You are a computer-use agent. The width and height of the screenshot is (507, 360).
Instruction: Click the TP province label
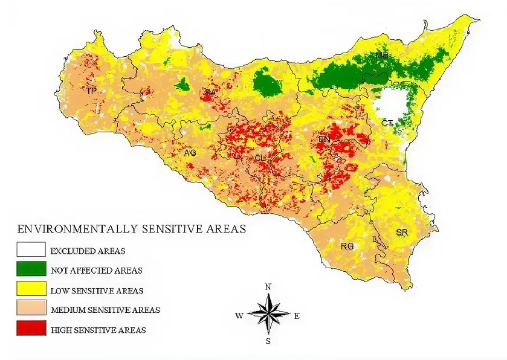[x=91, y=91]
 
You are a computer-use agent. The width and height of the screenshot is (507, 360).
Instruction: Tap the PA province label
[x=210, y=92]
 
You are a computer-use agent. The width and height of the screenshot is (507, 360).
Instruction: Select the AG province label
[x=190, y=153]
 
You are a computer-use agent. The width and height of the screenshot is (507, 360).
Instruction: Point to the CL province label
[x=260, y=158]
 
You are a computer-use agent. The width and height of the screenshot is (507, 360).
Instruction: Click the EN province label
[x=325, y=140]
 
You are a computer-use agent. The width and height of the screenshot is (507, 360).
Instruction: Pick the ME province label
[x=381, y=55]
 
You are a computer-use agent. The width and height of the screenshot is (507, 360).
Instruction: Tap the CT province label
[x=387, y=123]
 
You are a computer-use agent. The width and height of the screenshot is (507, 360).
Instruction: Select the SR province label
[x=402, y=232]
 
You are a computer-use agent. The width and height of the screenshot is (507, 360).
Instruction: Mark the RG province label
[x=347, y=246]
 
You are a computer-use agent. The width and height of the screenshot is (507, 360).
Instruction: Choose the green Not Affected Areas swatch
[x=31, y=269]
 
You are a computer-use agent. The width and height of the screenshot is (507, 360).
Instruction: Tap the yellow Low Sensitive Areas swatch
[x=31, y=289]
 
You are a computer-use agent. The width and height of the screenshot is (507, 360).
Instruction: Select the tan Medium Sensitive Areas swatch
[x=31, y=309]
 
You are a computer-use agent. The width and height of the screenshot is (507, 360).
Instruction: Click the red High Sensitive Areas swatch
[x=31, y=329]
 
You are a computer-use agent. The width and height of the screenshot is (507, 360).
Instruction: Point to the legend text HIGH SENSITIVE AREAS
[x=98, y=330]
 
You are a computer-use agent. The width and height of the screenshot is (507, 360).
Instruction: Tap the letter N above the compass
[x=268, y=286]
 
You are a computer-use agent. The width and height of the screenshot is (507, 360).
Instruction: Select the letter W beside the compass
[x=239, y=315]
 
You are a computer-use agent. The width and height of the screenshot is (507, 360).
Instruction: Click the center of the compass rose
[x=269, y=312]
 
